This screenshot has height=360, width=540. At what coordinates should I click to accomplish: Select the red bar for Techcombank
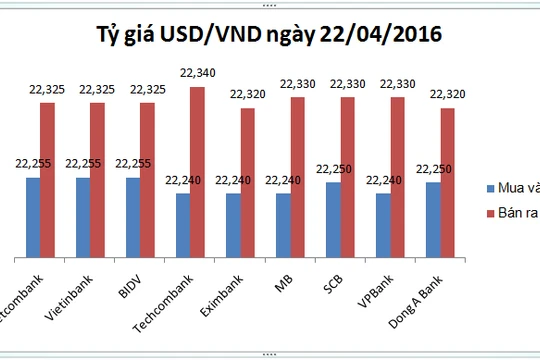pyautogui.click(x=197, y=170)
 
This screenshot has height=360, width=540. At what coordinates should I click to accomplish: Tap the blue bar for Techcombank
pyautogui.click(x=183, y=223)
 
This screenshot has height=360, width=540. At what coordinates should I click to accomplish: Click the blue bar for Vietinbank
pyautogui.click(x=83, y=215)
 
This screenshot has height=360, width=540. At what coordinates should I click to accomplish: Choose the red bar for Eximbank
pyautogui.click(x=247, y=180)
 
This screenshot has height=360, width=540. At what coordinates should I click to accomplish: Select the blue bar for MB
pyautogui.click(x=283, y=223)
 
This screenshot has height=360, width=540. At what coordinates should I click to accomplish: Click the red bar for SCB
pyautogui.click(x=347, y=175)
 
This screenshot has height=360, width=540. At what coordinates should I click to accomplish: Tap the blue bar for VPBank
pyautogui.click(x=383, y=223)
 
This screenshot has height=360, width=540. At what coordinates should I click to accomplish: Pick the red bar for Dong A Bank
pyautogui.click(x=447, y=180)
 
